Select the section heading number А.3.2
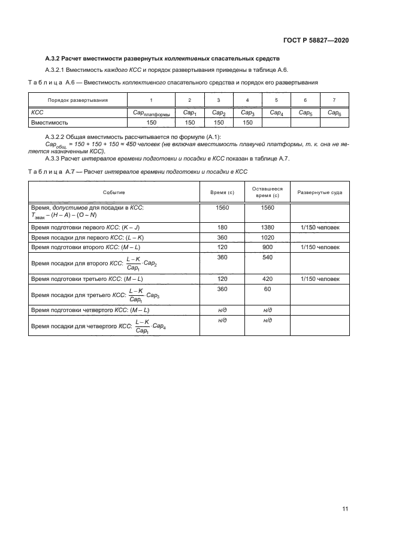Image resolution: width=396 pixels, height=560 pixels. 55,58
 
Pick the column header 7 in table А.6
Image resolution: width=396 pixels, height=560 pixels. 334,100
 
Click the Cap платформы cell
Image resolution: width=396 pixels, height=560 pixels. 151,113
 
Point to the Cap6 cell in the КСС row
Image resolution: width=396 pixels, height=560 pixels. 334,112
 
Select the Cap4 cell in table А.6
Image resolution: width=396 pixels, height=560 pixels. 276,112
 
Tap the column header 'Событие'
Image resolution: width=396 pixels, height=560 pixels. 114,192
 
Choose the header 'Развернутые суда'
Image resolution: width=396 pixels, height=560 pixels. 320,192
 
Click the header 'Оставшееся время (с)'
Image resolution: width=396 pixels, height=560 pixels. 268,192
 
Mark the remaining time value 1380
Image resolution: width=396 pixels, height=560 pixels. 268,228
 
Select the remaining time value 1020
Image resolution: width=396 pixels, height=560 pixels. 268,237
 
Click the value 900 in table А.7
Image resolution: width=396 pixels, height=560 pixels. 268,247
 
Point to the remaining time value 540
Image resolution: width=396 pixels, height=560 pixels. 268,257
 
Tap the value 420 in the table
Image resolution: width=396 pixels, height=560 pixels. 268,279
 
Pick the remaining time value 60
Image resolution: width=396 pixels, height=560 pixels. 268,289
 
